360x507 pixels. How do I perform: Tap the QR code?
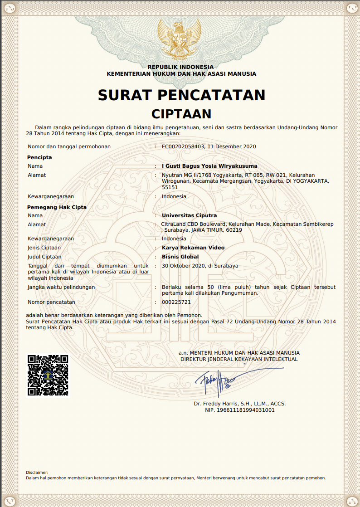(48, 375)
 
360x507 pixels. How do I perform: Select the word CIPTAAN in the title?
(181, 113)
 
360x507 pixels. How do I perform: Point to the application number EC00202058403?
(183, 146)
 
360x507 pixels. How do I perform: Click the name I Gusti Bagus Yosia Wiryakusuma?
(209, 166)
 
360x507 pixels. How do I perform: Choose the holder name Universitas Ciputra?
(189, 215)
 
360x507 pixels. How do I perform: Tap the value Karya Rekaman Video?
(193, 248)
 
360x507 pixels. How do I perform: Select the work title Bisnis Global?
(180, 257)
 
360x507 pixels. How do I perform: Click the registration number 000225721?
(176, 302)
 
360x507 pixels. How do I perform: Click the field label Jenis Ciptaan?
(44, 248)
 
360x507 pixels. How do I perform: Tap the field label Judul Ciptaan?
(44, 257)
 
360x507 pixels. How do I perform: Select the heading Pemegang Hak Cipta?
(57, 207)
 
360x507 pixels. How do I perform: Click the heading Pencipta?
(40, 157)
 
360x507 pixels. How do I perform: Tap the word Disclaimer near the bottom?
(37, 473)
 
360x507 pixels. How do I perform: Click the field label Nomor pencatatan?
(51, 302)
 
